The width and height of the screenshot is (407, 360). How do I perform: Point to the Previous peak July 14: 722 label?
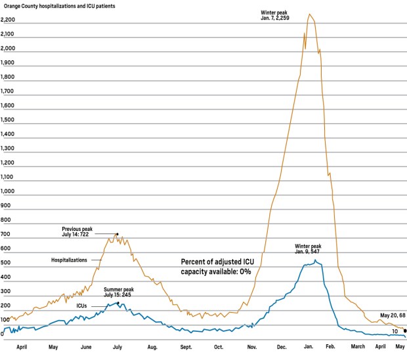[77, 232]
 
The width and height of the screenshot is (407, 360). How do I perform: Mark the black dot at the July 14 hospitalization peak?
[118, 234]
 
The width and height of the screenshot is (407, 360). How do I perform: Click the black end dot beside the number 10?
[405, 331]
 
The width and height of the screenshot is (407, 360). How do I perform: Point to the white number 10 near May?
[395, 332]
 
